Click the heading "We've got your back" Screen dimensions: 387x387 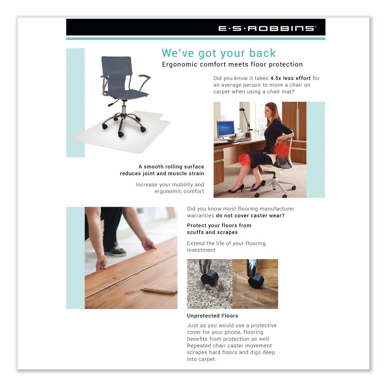(x=219, y=53)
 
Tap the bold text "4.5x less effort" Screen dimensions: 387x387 (x=290, y=78)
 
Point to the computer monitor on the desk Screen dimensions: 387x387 (x=226, y=128)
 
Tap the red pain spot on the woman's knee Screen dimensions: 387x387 (x=244, y=159)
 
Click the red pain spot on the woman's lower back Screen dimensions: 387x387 (x=281, y=151)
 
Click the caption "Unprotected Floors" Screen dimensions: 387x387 (x=212, y=316)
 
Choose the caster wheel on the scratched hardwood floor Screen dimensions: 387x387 (x=256, y=280)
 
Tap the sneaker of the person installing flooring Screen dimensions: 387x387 (x=115, y=251)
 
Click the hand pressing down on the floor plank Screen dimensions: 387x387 (x=102, y=264)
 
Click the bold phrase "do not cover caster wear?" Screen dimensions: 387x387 (x=250, y=216)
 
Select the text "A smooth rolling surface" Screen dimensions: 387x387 (x=171, y=167)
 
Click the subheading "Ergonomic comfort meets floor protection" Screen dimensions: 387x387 (x=232, y=64)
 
